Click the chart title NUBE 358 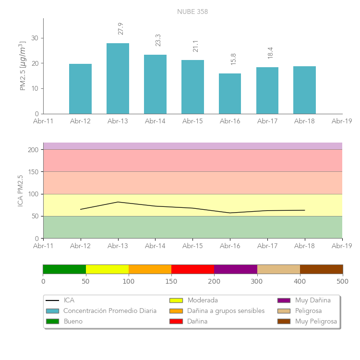pos(192,12)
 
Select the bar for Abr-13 pos(118,79)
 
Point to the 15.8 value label pos(233,59)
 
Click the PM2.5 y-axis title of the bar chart pos(23,66)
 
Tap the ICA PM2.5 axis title pos(20,191)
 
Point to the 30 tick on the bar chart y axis pos(35,38)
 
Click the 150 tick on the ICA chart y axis pos(33,172)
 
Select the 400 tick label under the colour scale pos(300,281)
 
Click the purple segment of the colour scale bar pos(236,269)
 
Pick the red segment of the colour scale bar pos(192,269)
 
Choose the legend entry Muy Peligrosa pos(316,321)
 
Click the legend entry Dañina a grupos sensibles pos(226,311)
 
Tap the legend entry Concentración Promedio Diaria pos(110,311)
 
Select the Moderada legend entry pos(202,300)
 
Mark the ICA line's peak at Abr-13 pos(118,202)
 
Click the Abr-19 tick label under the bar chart pos(342,121)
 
